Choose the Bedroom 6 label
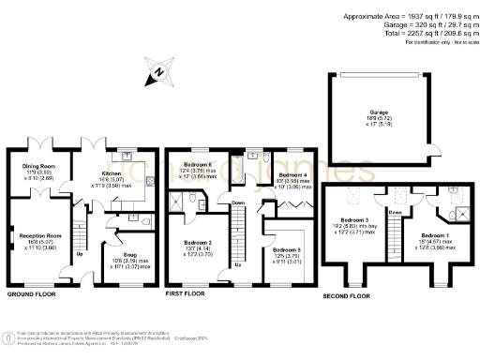pos(196,165)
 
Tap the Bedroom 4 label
pos(292,174)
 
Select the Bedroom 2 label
pos(196,243)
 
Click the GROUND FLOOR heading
pos(31,293)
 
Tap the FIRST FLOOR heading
pos(184,293)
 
